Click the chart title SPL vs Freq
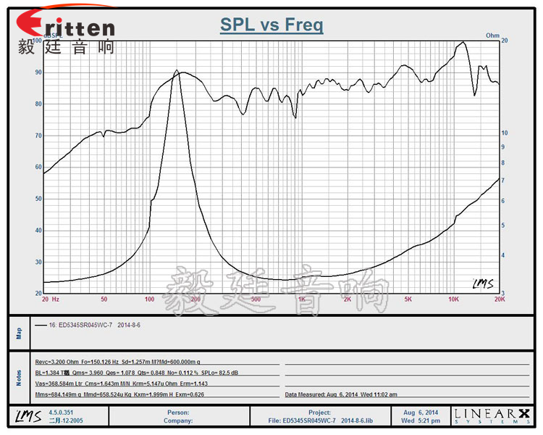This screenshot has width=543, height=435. [x=271, y=26]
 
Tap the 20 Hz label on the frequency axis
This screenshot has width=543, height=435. [x=50, y=299]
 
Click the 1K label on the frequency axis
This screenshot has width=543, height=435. [x=301, y=299]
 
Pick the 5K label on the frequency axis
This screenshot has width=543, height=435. [x=408, y=299]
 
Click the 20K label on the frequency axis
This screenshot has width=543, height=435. [x=499, y=299]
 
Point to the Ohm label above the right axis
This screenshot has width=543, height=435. [x=492, y=35]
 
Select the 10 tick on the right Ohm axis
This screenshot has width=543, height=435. [x=508, y=133]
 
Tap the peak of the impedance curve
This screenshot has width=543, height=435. [x=176, y=70]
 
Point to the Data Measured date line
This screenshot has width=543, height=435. [x=341, y=395]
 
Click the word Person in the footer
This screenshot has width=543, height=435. [x=177, y=413]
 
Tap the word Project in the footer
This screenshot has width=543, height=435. [x=319, y=413]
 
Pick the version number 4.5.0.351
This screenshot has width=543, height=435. [x=62, y=413]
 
